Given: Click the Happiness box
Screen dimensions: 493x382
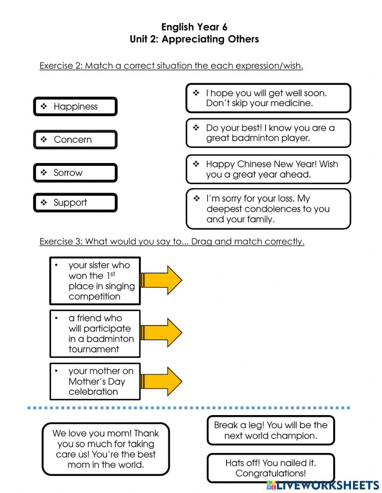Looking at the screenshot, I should [x=75, y=107].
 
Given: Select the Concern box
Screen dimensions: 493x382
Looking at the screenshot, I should [x=75, y=140].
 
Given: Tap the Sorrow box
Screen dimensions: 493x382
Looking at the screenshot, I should [x=75, y=173].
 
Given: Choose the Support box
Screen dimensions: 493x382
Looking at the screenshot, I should [x=75, y=203].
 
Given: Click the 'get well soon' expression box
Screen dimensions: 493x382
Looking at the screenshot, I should [x=268, y=98].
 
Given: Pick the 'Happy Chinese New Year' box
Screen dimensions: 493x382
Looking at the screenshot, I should [x=268, y=169].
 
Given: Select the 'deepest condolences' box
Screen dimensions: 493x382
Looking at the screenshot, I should [x=268, y=209].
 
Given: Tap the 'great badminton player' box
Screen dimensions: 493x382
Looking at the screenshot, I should [x=268, y=133].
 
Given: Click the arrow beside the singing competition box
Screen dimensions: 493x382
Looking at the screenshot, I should [x=162, y=280].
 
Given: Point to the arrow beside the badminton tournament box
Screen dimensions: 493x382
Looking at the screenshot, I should [x=162, y=333].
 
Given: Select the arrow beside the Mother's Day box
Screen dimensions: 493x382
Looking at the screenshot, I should [x=162, y=381].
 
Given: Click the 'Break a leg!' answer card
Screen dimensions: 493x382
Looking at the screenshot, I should [x=271, y=430].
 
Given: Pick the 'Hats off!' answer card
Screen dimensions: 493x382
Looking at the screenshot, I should [x=271, y=468].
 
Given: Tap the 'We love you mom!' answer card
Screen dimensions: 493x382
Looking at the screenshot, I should [x=106, y=449].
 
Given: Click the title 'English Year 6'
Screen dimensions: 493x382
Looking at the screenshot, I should [x=194, y=27].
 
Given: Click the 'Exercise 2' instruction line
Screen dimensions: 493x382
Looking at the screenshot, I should [x=171, y=66].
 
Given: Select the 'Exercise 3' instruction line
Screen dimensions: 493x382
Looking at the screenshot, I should [x=172, y=242].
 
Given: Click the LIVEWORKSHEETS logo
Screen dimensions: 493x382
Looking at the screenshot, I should [x=323, y=485].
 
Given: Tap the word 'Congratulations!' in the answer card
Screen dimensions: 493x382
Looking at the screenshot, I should [x=271, y=474].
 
